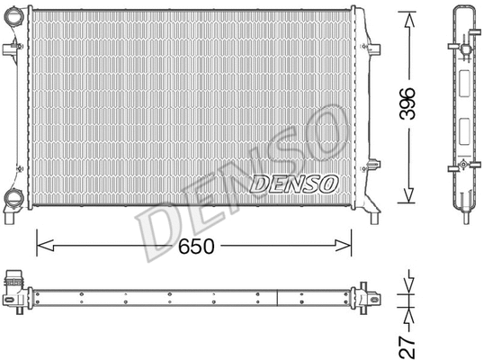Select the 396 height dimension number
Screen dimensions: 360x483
(x=407, y=107)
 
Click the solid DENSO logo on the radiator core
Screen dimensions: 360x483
(x=293, y=184)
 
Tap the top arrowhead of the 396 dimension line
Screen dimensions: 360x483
(x=407, y=17)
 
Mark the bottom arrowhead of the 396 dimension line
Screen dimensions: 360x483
(x=407, y=199)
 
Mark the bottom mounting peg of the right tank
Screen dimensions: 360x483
(x=372, y=213)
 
